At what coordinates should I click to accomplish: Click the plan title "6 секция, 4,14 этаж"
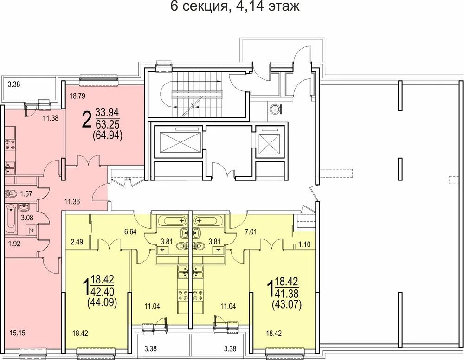coord(235,6)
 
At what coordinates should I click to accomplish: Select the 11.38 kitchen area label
coord(51,118)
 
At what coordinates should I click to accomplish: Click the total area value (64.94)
coord(108,135)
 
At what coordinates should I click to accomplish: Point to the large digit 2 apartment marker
coord(86,119)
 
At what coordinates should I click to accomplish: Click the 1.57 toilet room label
coord(26,194)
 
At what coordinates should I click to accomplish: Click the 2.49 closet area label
coord(77,242)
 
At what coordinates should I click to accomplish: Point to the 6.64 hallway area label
coord(130,232)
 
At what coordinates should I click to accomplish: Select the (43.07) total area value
coord(286,305)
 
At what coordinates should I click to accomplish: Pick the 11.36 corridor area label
coord(72,202)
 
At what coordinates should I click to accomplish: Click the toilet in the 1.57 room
coord(10,194)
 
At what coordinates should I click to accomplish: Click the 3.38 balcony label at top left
coord(14,85)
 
